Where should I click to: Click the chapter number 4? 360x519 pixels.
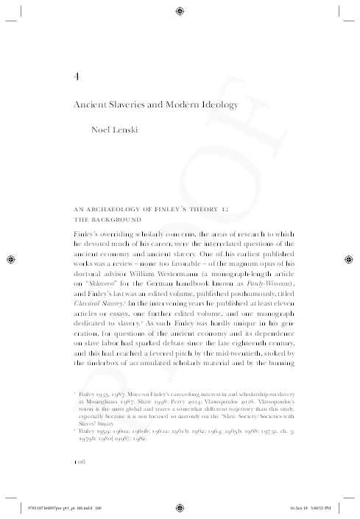click(x=77, y=76)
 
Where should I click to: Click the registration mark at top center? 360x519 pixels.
click(x=180, y=10)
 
